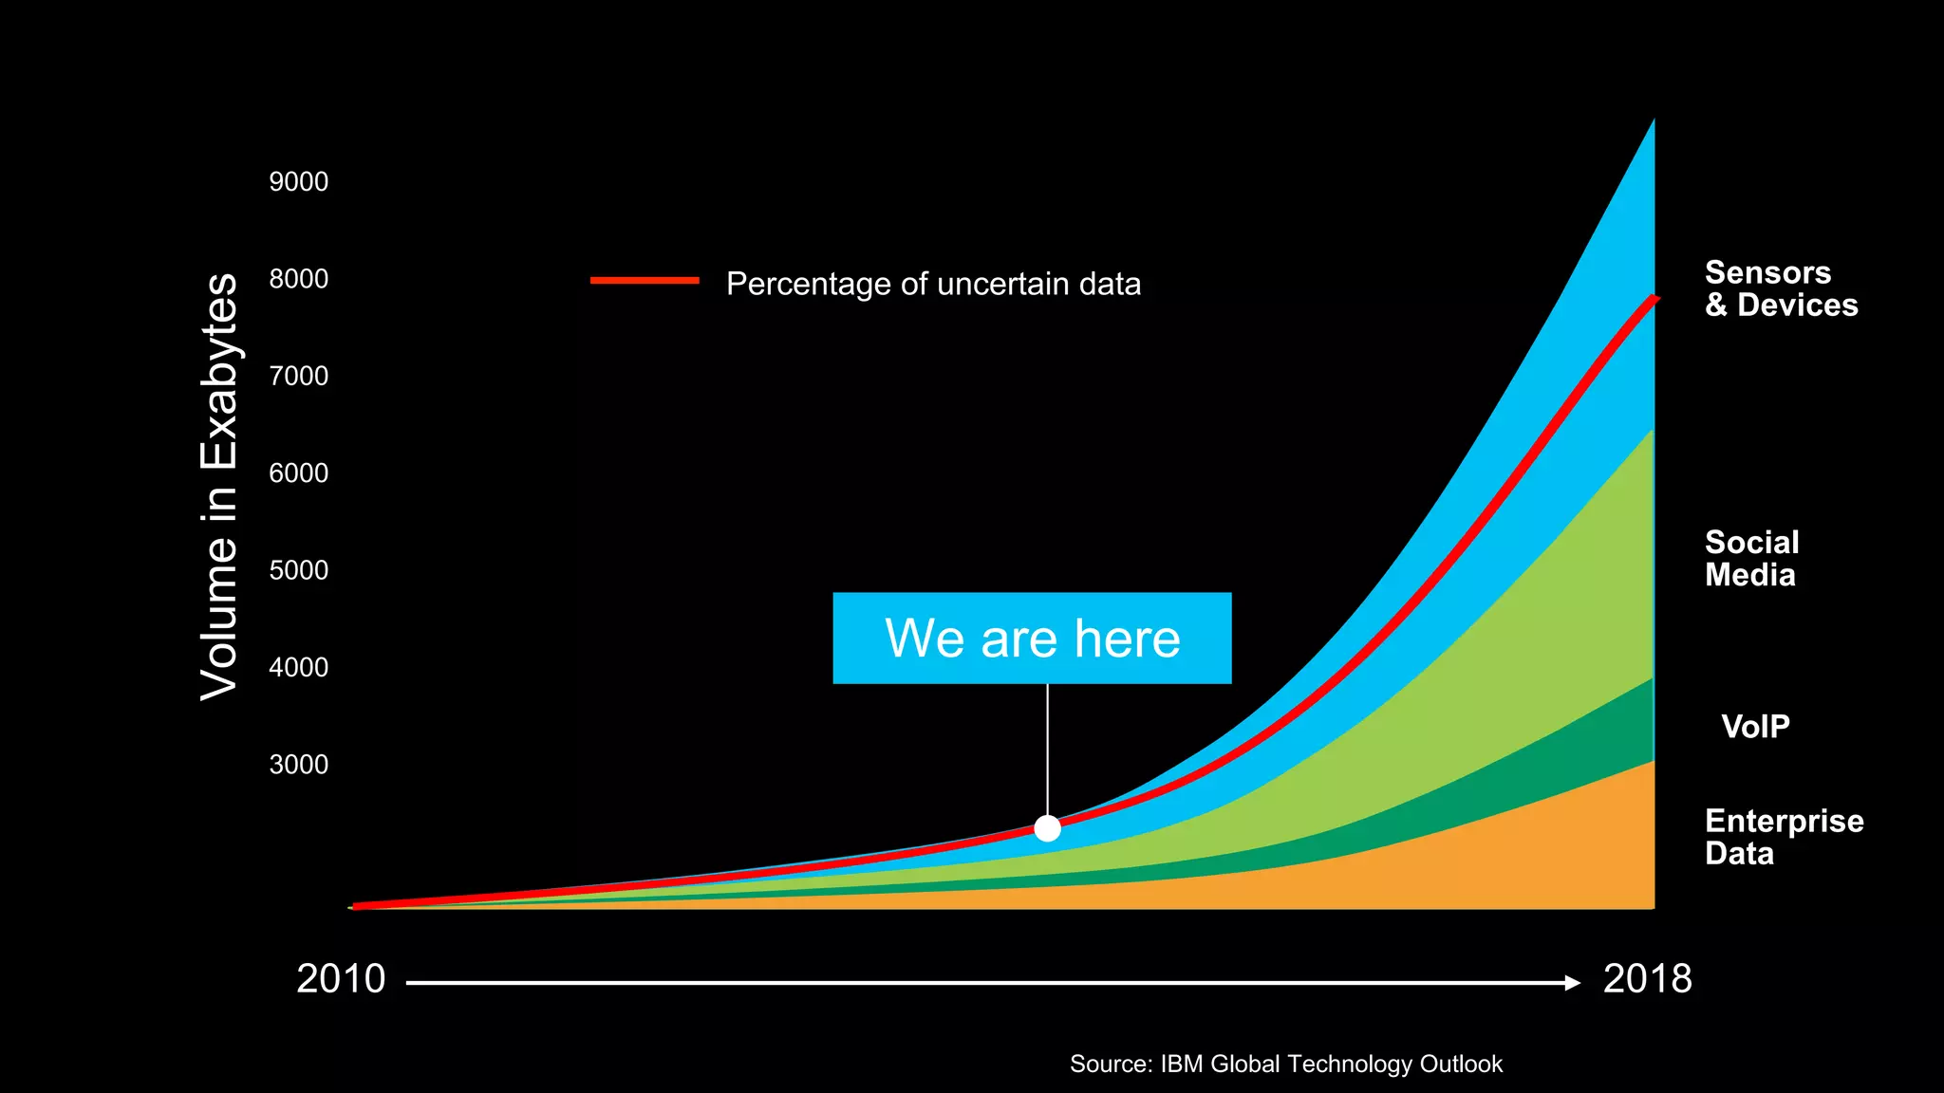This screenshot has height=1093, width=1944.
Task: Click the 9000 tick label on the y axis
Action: (x=298, y=181)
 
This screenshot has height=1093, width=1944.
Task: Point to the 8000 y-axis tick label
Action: (x=298, y=279)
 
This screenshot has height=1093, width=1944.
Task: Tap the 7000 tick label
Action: (x=298, y=376)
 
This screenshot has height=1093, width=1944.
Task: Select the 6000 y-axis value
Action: (x=298, y=472)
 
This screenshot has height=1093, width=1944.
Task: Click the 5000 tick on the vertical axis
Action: (x=298, y=570)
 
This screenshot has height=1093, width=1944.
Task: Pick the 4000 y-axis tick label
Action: (x=298, y=667)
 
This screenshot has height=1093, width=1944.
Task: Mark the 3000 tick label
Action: (x=298, y=765)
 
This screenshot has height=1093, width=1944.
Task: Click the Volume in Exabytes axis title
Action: (x=219, y=487)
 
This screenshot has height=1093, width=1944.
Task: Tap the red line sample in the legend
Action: (x=645, y=281)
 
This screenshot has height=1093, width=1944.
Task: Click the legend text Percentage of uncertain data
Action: (x=933, y=284)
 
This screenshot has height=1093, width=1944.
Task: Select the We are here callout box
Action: (x=1032, y=638)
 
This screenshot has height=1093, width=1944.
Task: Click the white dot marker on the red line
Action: (x=1047, y=828)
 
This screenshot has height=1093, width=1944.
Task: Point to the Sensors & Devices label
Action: (x=1781, y=288)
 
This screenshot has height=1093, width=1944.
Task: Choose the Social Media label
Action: (x=1751, y=559)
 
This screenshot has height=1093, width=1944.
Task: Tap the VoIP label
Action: (x=1755, y=727)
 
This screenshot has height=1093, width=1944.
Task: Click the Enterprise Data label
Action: (x=1784, y=837)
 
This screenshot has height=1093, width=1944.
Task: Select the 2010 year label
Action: (x=341, y=979)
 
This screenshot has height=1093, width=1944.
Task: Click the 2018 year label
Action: (x=1647, y=979)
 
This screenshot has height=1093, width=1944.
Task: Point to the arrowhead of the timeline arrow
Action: (x=1572, y=983)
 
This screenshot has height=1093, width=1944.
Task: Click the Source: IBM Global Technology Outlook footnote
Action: (x=1285, y=1064)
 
